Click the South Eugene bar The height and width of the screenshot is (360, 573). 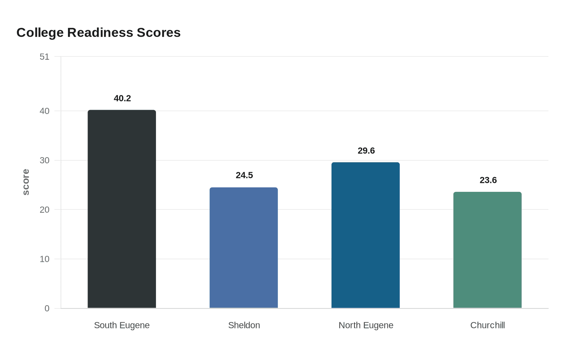[x=122, y=209]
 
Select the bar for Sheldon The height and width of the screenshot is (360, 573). [x=244, y=248]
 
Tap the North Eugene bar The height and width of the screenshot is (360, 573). [x=365, y=235]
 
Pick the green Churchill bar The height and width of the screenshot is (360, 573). [x=487, y=250]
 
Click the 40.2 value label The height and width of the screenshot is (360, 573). [x=122, y=98]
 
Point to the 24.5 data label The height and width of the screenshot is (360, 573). [x=244, y=175]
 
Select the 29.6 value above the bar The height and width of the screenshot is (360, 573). [x=366, y=151]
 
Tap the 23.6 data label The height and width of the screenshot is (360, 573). [x=488, y=180]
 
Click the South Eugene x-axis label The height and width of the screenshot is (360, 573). [x=122, y=325]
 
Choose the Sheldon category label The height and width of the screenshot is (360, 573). [x=244, y=325]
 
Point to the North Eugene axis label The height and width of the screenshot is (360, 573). [x=366, y=325]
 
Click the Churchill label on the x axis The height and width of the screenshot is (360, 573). [x=487, y=325]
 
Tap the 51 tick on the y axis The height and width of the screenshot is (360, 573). [x=45, y=57]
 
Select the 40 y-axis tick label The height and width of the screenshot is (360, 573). [x=45, y=111]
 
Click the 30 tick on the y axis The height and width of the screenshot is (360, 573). [x=45, y=160]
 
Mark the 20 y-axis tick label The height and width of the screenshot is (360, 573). [x=45, y=209]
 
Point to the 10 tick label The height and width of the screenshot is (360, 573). [x=45, y=259]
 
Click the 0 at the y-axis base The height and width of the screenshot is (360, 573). [x=47, y=308]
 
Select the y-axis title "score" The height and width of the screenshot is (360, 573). [x=26, y=182]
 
